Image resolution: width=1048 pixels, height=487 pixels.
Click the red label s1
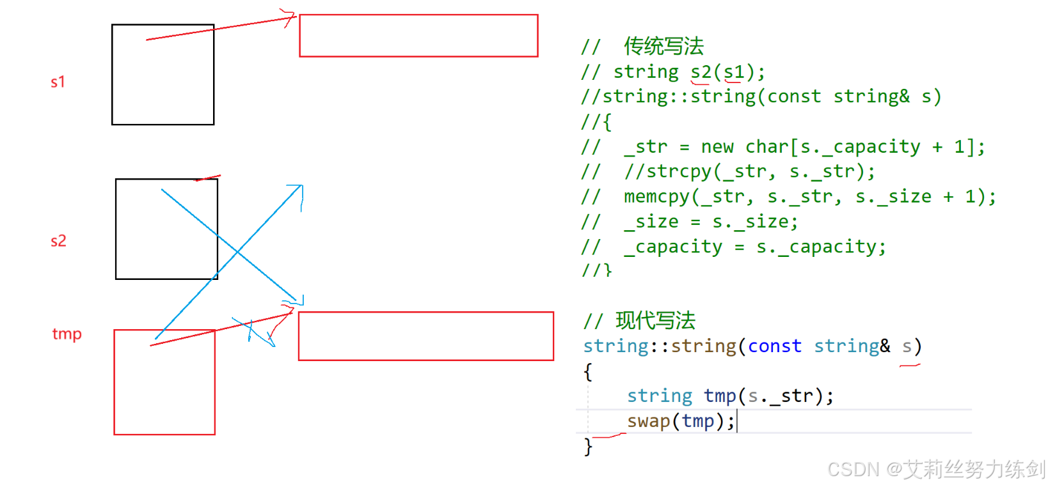(58, 82)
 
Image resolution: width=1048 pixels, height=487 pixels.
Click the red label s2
(58, 241)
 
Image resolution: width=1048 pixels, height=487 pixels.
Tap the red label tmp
(67, 334)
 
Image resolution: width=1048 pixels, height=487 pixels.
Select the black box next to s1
(163, 75)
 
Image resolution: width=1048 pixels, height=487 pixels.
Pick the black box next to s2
(166, 229)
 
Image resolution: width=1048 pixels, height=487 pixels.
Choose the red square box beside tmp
(164, 382)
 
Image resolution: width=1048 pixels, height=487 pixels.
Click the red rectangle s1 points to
(418, 36)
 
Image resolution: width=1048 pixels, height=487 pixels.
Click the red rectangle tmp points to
(425, 336)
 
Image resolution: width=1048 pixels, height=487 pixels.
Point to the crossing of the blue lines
(237, 252)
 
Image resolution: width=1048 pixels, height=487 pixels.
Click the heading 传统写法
(663, 46)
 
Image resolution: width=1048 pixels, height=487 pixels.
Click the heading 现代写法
(655, 320)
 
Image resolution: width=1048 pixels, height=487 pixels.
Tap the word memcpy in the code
(657, 196)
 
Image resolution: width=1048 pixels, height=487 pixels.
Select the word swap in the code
(648, 421)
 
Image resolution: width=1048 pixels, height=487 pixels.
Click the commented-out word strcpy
(679, 171)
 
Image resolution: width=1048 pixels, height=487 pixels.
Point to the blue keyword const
(774, 346)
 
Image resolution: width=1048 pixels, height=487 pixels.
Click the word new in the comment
(717, 146)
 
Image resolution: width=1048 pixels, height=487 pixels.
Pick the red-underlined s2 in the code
(701, 72)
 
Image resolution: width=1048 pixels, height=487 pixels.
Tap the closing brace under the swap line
(588, 446)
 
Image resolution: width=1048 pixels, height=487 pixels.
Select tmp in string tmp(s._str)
(720, 396)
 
